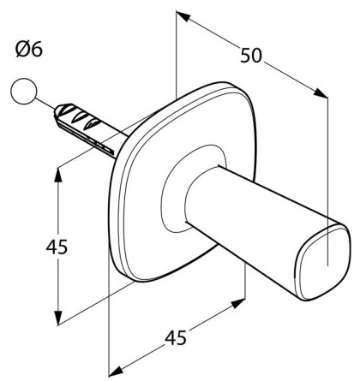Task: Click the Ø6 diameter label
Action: [29, 49]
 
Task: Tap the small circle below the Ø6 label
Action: [24, 91]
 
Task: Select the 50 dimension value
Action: [251, 56]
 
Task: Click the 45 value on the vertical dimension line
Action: [57, 247]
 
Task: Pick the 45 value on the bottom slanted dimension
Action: [176, 338]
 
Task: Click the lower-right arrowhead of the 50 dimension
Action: [321, 93]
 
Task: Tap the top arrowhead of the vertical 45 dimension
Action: [58, 175]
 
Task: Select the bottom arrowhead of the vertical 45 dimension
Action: [58, 318]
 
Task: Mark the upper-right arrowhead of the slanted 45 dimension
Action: [238, 304]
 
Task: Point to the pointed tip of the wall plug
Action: [56, 110]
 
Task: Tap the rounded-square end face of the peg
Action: [323, 262]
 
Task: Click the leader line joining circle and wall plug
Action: [45, 104]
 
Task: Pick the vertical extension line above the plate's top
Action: [177, 55]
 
